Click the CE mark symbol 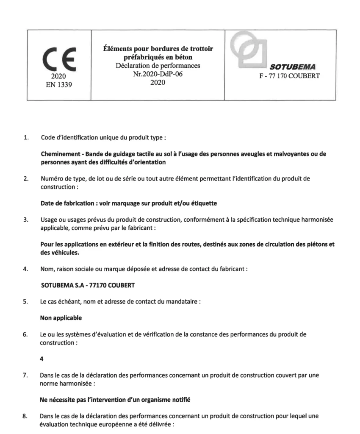[x=59, y=59]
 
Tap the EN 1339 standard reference [x=59, y=84]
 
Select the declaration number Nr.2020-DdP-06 [x=158, y=74]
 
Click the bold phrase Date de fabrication [x=67, y=203]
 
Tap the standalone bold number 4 [x=42, y=359]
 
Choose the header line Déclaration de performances [x=158, y=66]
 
